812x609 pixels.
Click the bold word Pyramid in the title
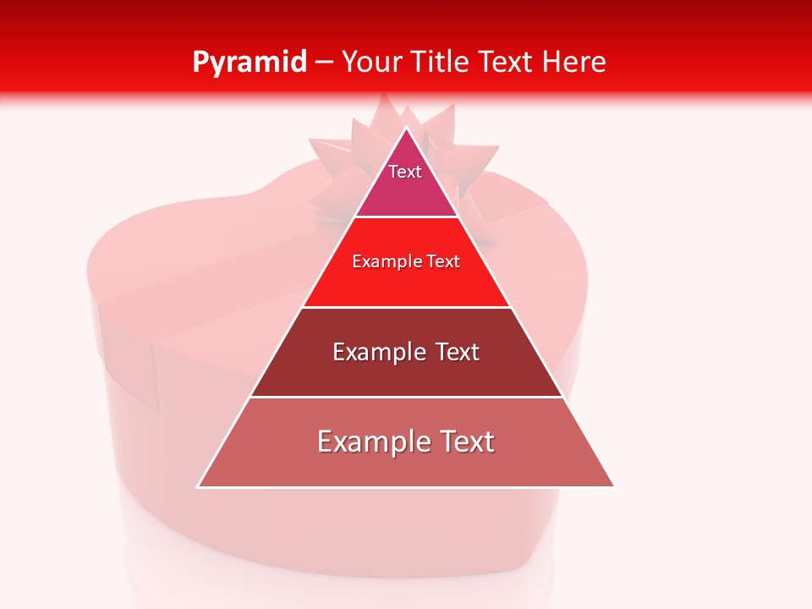tap(249, 63)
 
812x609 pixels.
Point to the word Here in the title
tap(574, 63)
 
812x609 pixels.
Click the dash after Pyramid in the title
tap(324, 63)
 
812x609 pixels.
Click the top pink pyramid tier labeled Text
tap(406, 182)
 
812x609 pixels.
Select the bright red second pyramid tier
tap(406, 279)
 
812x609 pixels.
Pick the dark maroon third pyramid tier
tap(406, 372)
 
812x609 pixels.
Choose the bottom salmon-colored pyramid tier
tap(406, 465)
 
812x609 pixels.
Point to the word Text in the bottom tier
tap(466, 442)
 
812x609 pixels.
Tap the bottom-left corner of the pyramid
tap(199, 486)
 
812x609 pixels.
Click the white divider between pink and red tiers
tap(406, 217)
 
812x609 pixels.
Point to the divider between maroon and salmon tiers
tap(406, 397)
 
